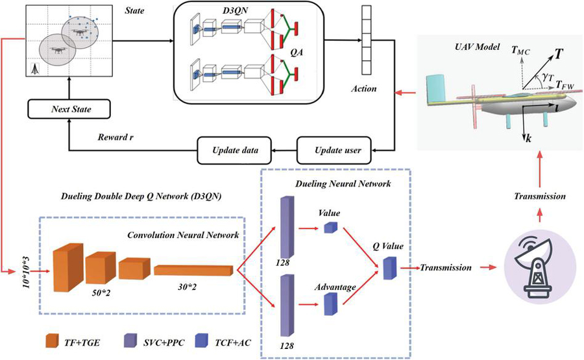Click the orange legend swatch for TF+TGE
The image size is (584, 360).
(53, 340)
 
